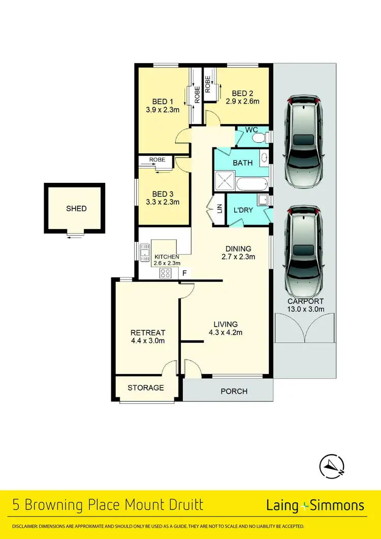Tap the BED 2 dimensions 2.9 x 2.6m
242,101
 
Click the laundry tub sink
263,200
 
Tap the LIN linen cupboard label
219,208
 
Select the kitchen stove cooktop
165,273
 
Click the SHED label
76,208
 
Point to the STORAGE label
146,388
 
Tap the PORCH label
234,391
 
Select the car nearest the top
304,141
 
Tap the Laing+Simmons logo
315,505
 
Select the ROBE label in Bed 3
157,160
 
